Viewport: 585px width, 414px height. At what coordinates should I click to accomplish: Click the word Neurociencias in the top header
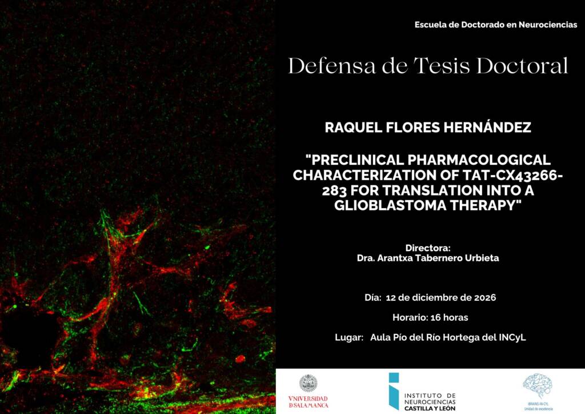(x=548, y=25)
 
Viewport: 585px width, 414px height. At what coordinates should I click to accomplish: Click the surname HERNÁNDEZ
(x=487, y=127)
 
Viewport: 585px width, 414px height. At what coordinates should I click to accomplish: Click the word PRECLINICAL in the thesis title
(x=354, y=160)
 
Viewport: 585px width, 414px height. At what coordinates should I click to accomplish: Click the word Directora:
(x=428, y=248)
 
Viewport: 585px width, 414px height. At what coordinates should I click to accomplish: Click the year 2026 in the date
(x=485, y=297)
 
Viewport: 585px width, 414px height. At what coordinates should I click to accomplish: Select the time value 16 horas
(x=449, y=318)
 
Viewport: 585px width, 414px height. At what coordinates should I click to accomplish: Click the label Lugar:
(x=349, y=338)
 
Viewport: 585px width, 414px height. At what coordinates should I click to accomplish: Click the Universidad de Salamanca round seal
(x=308, y=384)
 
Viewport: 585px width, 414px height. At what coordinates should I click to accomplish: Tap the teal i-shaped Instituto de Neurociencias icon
(x=394, y=391)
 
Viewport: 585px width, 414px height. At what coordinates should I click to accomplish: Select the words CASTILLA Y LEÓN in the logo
(x=430, y=408)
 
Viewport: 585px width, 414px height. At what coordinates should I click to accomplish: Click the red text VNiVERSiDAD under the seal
(x=308, y=399)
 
